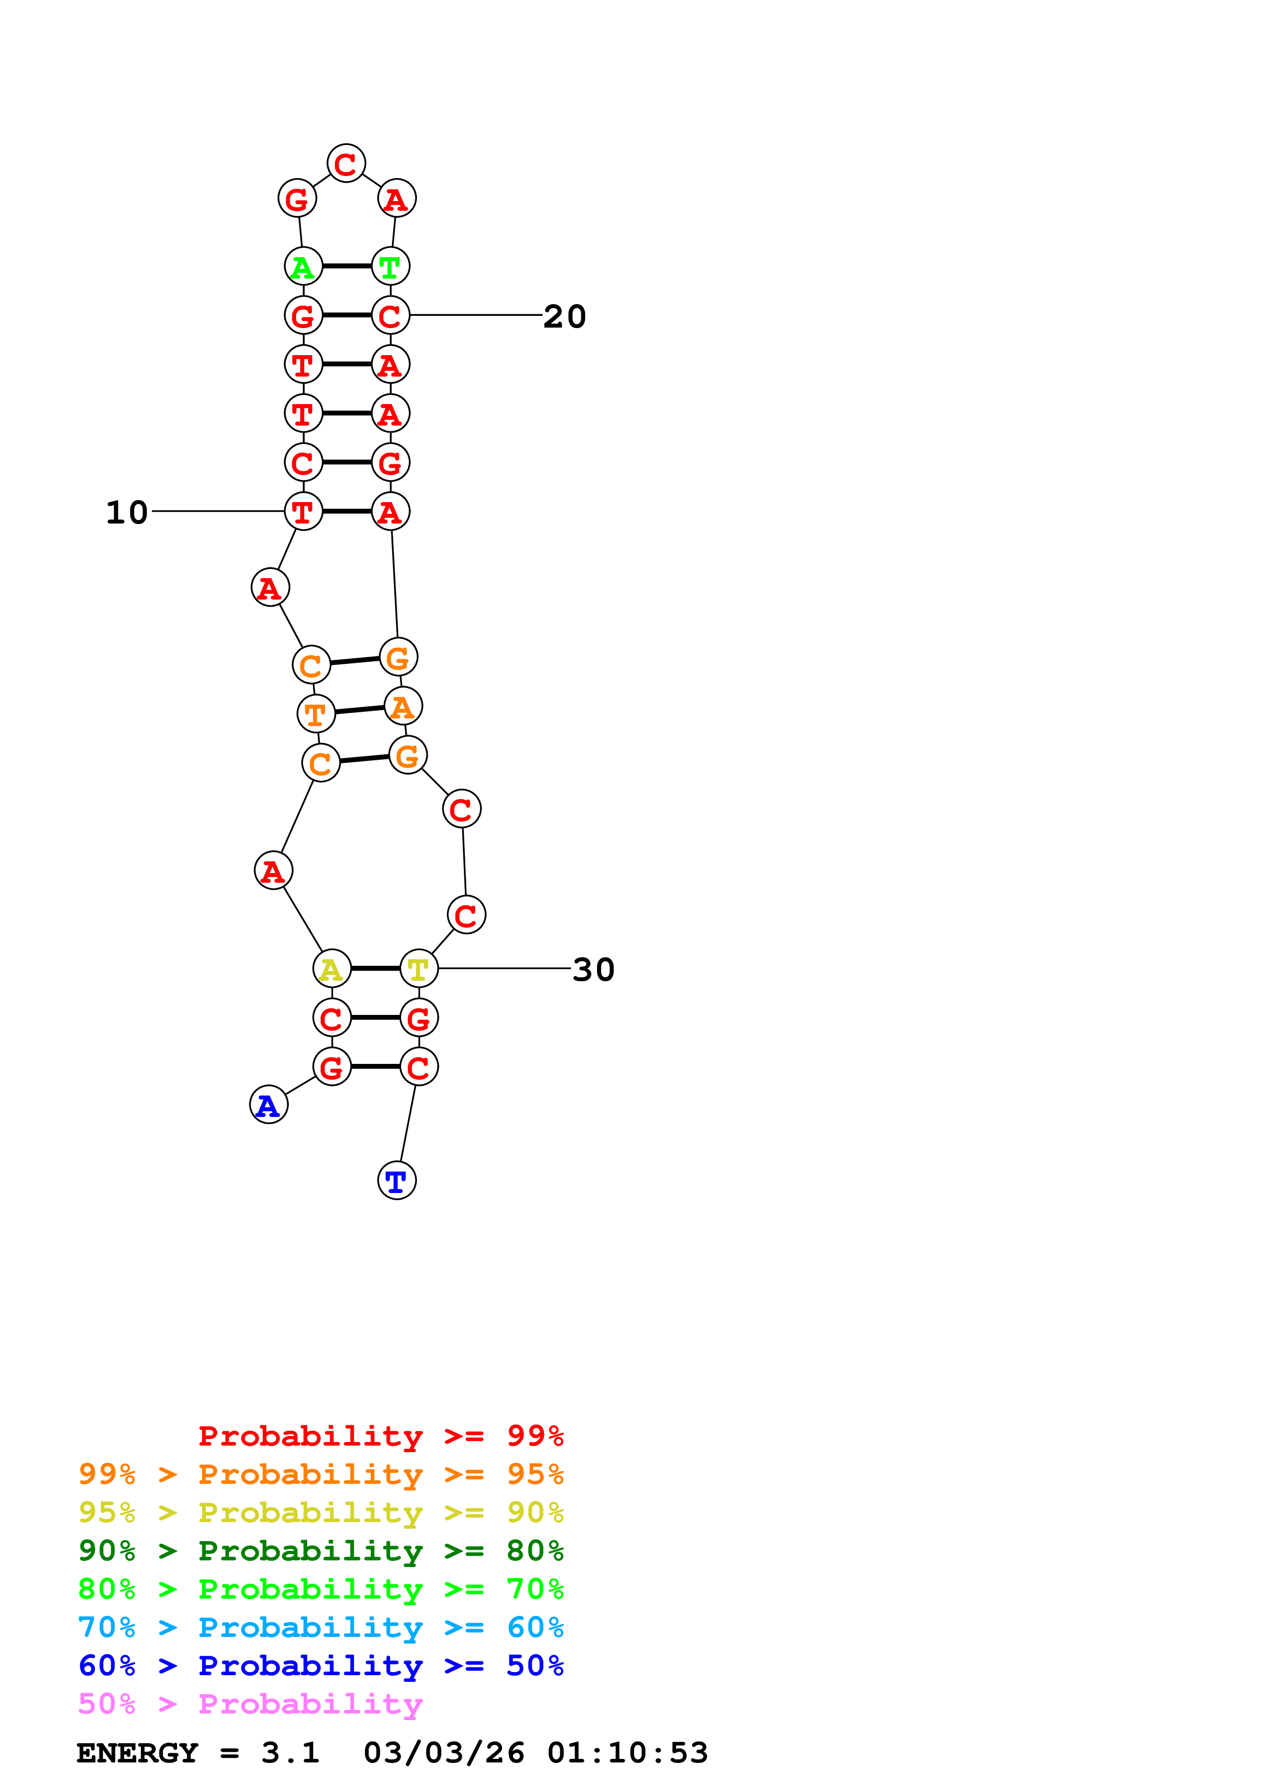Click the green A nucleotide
tap(303, 267)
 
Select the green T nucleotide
tap(390, 267)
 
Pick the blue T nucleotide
tap(396, 1180)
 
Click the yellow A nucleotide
tap(332, 969)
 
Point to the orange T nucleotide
tap(316, 713)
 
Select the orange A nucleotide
tap(403, 706)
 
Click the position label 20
tap(564, 316)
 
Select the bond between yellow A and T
tap(376, 969)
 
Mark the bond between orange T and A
tap(359, 710)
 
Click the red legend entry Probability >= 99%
tap(380, 1435)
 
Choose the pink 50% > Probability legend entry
tap(250, 1703)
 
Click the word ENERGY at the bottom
tap(137, 1753)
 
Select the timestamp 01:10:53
tap(628, 1753)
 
